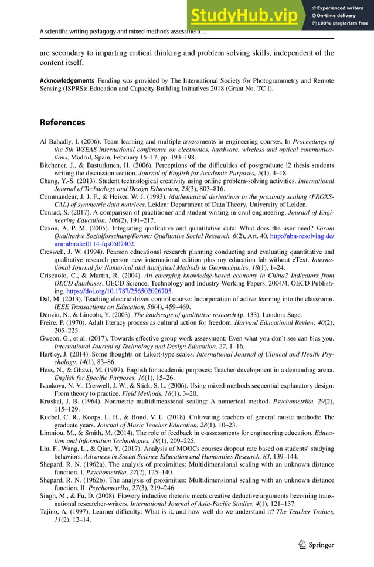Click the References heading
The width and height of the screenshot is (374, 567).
[62, 123]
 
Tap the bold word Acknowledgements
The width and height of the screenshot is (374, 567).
[66, 80]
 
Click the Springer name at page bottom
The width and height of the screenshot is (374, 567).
[321, 545]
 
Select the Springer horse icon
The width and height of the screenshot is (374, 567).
[302, 545]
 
